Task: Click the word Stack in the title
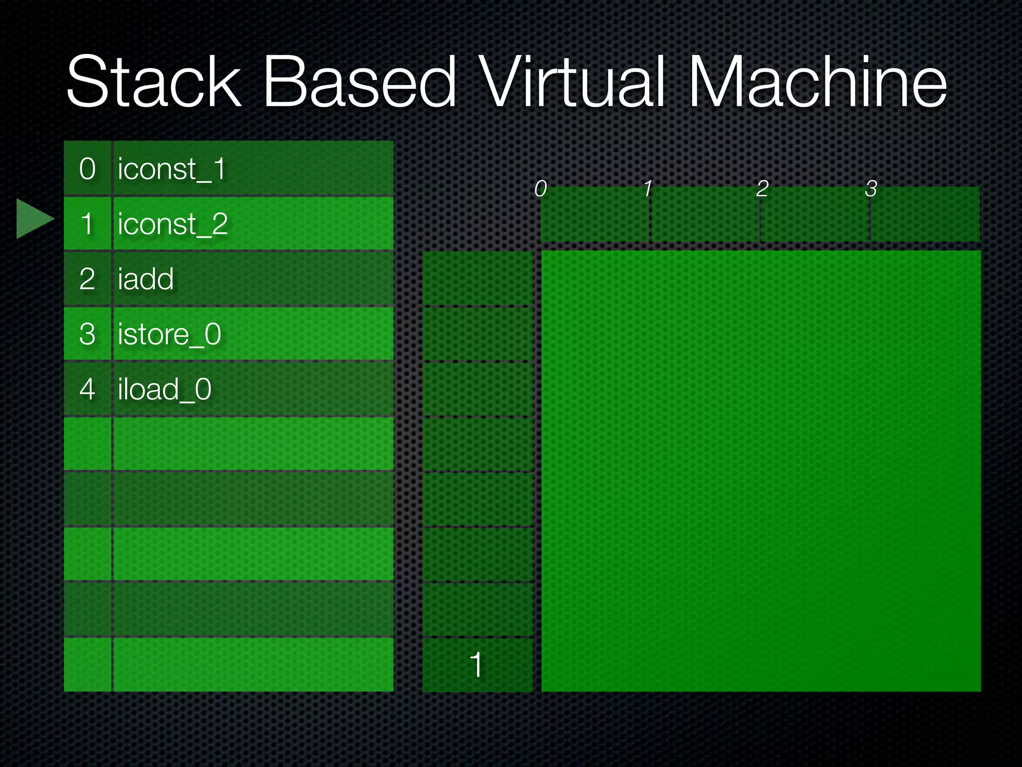coord(154,82)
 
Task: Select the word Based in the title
coord(359,82)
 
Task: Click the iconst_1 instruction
coord(172,169)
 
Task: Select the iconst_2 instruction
coord(173,224)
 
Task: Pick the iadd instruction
coord(146,279)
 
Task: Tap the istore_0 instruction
coord(169,334)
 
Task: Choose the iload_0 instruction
coord(165,389)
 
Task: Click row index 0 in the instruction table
coord(87,169)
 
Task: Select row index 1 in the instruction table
coord(87,224)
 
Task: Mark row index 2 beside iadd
coord(87,279)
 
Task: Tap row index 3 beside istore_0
coord(87,334)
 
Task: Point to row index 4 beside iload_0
coord(87,389)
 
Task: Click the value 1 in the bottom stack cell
coord(477,665)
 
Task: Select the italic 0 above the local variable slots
coord(540,189)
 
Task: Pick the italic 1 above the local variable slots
coord(648,189)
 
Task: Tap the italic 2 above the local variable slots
coord(762,189)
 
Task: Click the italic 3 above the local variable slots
coord(871,189)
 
